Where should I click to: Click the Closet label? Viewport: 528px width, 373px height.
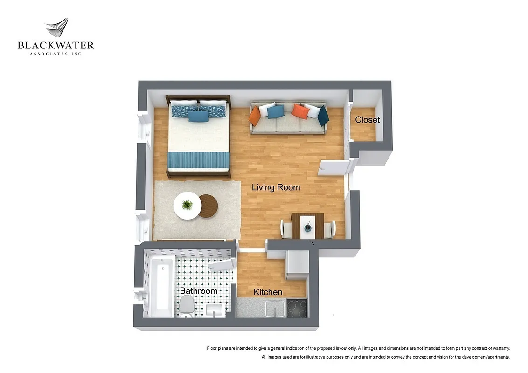coord(367,120)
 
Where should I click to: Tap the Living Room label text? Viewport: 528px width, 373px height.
coord(276,187)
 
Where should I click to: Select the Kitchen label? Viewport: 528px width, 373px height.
coord(268,292)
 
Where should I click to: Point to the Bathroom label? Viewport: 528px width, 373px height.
coord(199,291)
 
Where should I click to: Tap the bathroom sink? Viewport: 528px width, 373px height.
coord(215,311)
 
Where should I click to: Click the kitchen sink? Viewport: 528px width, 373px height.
coord(275,308)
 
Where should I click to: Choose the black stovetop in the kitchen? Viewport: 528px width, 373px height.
coord(297,308)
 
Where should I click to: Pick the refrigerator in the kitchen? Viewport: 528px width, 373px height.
coord(297,264)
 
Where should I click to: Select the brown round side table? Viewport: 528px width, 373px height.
coord(208,206)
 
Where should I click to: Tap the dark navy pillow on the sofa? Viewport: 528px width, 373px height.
coord(323,116)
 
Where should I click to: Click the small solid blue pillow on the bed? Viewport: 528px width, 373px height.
coord(199,117)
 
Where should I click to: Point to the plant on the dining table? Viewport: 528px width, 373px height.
coord(307,227)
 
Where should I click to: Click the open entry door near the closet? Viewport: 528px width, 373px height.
coord(333,168)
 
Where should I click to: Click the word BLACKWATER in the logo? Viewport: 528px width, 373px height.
coord(56,45)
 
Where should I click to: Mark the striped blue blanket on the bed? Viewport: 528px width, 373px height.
coord(199,160)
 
